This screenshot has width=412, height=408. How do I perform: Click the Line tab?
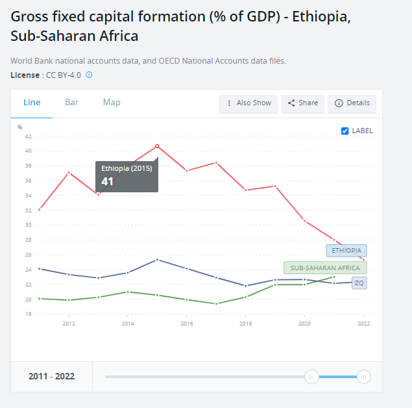click(x=32, y=103)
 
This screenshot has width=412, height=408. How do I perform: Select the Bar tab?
click(x=71, y=103)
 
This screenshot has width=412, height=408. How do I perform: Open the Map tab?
click(x=112, y=103)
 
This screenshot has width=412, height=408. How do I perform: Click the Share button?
click(x=302, y=103)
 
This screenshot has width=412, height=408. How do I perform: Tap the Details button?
click(x=352, y=103)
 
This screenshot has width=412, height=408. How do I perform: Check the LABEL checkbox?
click(x=345, y=131)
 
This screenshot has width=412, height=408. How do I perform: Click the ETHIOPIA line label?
click(x=346, y=250)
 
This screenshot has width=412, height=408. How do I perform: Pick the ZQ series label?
click(x=359, y=283)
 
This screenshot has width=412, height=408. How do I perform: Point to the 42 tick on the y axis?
click(x=28, y=136)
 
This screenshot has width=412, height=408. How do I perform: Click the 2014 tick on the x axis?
click(x=128, y=324)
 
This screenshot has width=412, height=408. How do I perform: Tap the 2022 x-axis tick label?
click(x=363, y=324)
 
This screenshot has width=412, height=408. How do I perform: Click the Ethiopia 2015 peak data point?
click(x=157, y=146)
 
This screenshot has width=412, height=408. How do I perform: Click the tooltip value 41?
click(x=108, y=181)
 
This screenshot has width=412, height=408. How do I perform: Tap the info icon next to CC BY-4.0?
click(x=89, y=75)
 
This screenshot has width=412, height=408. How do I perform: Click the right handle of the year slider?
click(x=364, y=377)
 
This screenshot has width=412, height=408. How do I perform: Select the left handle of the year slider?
click(x=311, y=377)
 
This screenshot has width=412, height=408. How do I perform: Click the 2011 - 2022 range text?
click(x=51, y=377)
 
